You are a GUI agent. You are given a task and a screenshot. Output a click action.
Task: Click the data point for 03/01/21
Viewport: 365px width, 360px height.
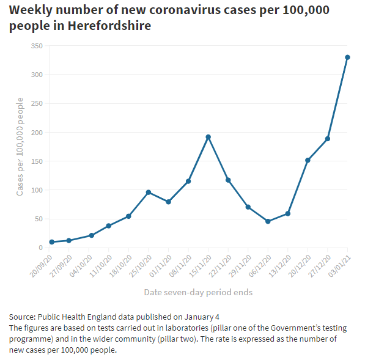tap(347, 57)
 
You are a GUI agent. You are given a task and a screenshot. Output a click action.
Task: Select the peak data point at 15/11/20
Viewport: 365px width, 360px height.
tap(208, 137)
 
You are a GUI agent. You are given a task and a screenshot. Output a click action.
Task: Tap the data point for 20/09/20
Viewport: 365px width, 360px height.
tap(52, 242)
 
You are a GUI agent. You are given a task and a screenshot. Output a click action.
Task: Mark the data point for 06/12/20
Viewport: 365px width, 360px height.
tap(268, 221)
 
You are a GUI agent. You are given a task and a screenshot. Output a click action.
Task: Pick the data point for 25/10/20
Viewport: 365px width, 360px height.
tap(149, 193)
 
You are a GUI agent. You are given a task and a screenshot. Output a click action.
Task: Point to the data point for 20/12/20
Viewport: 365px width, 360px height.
tap(308, 160)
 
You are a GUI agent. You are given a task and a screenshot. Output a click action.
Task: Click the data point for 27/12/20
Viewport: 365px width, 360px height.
tap(328, 139)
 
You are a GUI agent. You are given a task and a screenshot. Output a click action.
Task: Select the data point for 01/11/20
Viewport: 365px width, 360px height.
tap(168, 202)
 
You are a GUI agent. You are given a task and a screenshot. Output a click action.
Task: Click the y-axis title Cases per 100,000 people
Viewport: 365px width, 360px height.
tap(20, 147)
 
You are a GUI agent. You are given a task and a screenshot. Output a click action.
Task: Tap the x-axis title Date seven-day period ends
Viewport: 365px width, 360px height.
tap(198, 292)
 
